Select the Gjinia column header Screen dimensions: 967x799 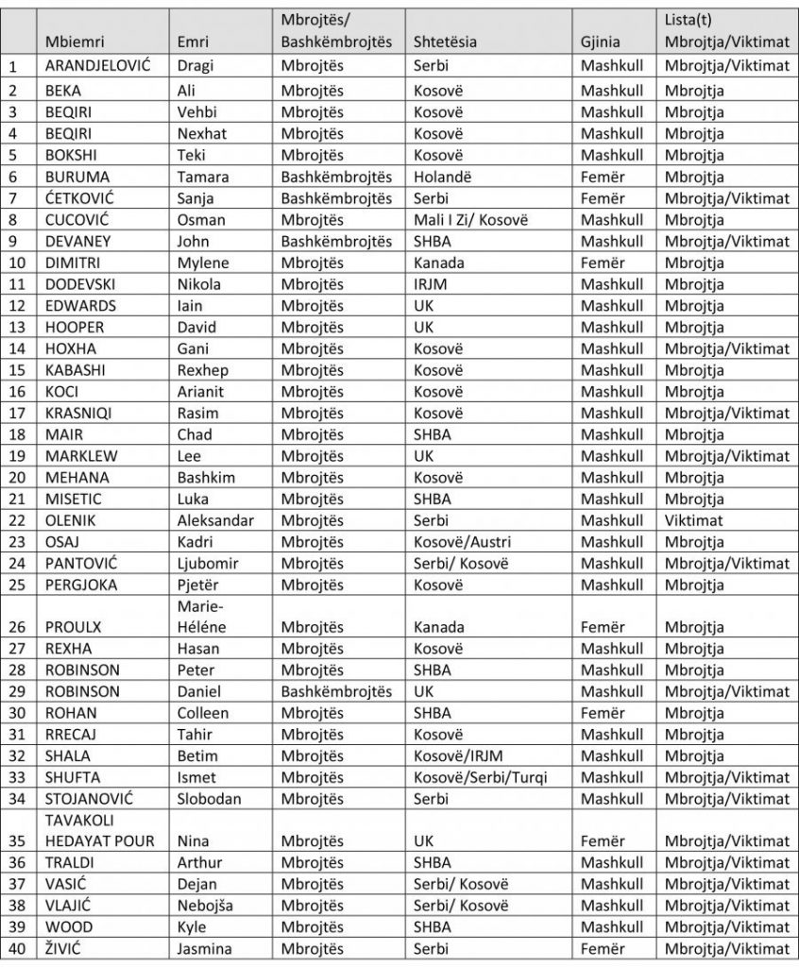[x=603, y=41]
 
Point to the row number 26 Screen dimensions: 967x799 [x=14, y=626]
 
